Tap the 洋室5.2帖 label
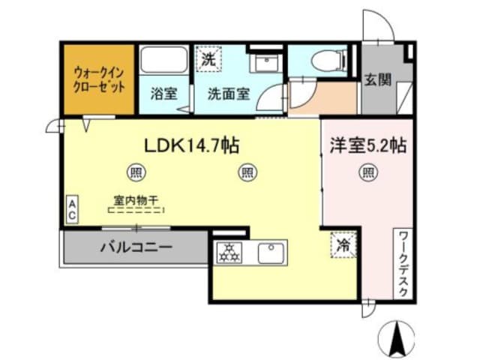367,145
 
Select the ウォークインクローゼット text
98,79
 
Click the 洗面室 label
229,95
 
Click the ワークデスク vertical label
403,264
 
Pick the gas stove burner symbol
228,253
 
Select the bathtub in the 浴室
162,63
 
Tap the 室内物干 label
136,200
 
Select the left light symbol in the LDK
136,172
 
